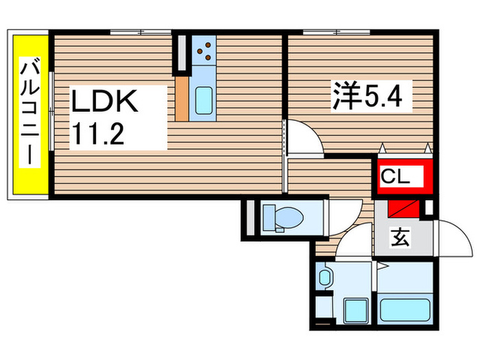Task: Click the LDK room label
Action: (107, 103)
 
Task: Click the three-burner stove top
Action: (204, 51)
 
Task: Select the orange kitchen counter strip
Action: (182, 98)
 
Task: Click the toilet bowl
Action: (283, 218)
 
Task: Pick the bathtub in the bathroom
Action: (405, 304)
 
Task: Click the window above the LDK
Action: (141, 32)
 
